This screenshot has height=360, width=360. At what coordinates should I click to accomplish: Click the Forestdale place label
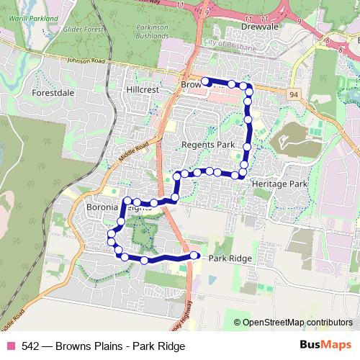click(x=53, y=92)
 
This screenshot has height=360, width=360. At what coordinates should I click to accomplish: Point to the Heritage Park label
click(x=279, y=184)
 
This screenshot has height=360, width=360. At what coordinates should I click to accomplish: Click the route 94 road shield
click(x=294, y=94)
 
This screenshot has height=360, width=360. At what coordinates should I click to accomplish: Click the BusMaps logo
click(x=327, y=346)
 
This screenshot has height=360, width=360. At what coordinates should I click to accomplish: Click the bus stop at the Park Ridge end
click(x=194, y=256)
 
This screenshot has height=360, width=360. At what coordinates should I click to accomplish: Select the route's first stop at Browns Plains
click(x=204, y=81)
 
